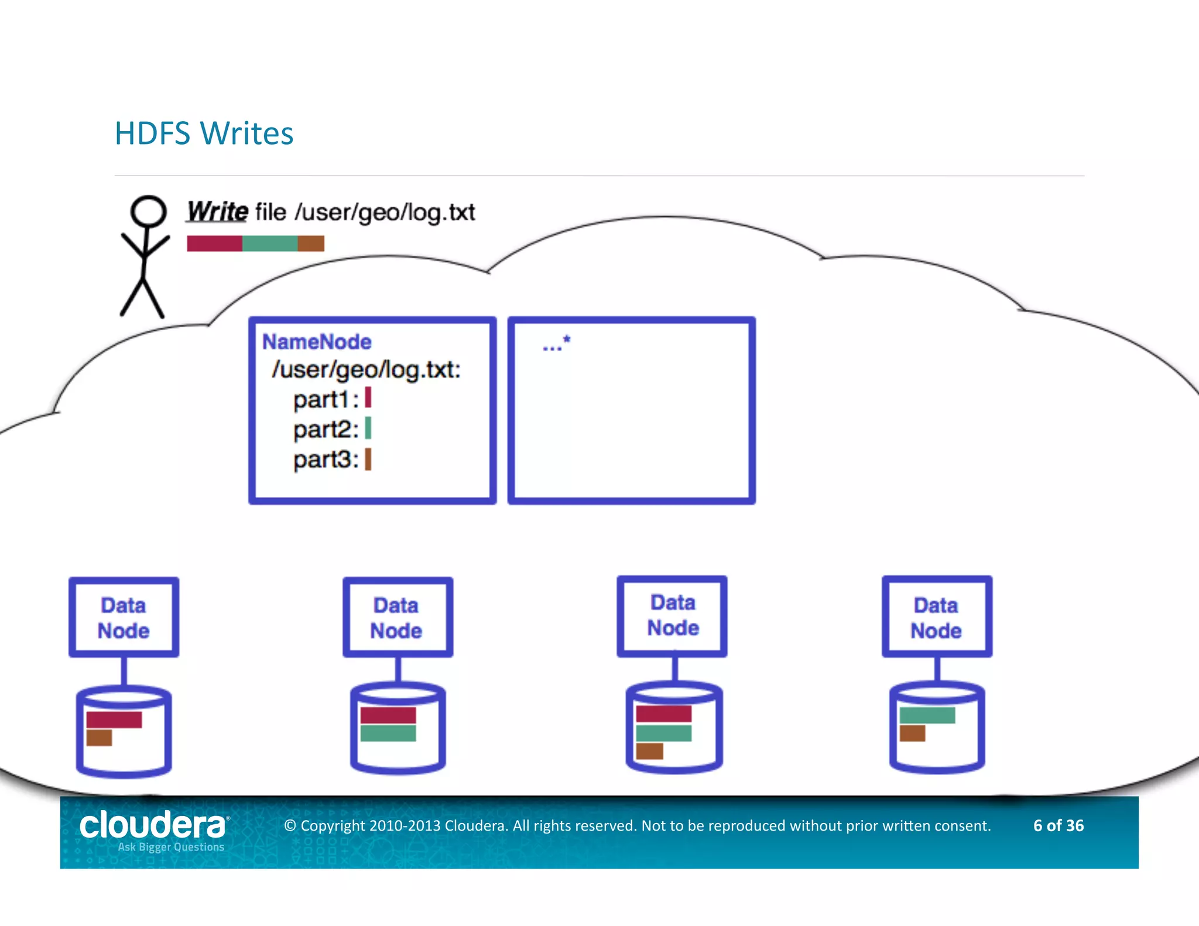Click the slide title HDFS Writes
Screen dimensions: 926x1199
pyautogui.click(x=204, y=133)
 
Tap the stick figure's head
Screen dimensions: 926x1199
pyautogui.click(x=148, y=211)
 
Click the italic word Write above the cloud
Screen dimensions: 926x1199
pyautogui.click(x=217, y=211)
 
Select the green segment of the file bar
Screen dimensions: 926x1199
pyautogui.click(x=270, y=243)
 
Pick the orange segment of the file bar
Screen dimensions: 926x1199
pyautogui.click(x=311, y=243)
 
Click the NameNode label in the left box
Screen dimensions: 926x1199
pyautogui.click(x=316, y=342)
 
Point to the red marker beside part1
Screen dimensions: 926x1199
pyautogui.click(x=368, y=398)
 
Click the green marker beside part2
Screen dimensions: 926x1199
pyautogui.click(x=368, y=428)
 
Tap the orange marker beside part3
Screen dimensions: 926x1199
pyautogui.click(x=368, y=459)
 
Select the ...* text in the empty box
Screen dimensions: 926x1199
pyautogui.click(x=556, y=344)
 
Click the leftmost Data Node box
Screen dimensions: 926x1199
pyautogui.click(x=124, y=617)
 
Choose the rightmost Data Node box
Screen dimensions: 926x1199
pyautogui.click(x=937, y=617)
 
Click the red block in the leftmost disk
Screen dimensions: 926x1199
pyautogui.click(x=114, y=719)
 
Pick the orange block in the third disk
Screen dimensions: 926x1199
pyautogui.click(x=649, y=751)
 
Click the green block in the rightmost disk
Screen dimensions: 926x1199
pyautogui.click(x=927, y=715)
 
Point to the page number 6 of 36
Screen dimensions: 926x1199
pyautogui.click(x=1058, y=825)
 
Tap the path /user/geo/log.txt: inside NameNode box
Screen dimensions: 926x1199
pyautogui.click(x=366, y=370)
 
